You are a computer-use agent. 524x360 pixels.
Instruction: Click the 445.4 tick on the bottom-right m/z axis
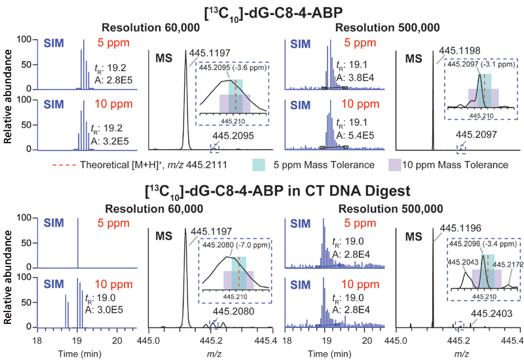point(514,340)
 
